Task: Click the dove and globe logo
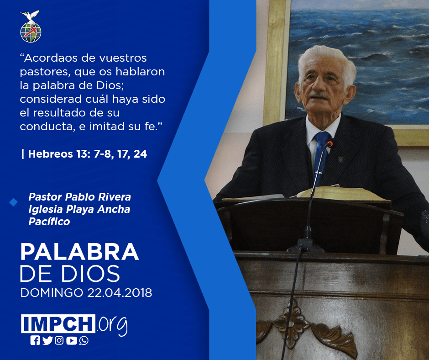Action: (31, 26)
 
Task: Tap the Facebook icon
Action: (35, 340)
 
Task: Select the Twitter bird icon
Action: (47, 340)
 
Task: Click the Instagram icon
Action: (59, 340)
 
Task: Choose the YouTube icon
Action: (71, 340)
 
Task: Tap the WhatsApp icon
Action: (84, 340)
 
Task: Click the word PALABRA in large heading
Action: (79, 252)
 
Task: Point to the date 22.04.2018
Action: (120, 292)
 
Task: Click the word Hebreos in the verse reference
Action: (50, 154)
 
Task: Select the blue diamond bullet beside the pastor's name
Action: (13, 202)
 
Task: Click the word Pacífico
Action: (49, 222)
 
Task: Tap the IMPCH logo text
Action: (58, 323)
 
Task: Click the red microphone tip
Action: (330, 143)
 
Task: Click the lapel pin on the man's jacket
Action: (340, 159)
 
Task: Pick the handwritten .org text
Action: (112, 325)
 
